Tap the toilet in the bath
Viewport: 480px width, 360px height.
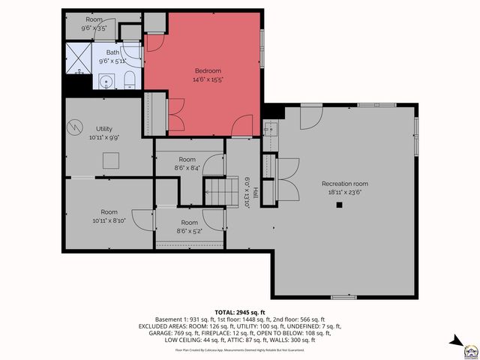pos(128,80)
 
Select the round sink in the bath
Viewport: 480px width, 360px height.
pos(106,81)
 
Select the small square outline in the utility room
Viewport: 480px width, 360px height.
pos(112,159)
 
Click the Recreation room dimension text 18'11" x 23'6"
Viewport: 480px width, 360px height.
pos(345,191)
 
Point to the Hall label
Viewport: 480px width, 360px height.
pos(255,192)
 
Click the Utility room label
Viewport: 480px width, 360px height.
pos(103,129)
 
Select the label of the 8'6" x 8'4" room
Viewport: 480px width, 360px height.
pos(187,159)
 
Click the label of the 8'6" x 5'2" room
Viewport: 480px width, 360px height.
pos(189,223)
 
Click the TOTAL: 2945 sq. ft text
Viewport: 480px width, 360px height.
pos(240,311)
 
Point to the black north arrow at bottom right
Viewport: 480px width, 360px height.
pos(456,340)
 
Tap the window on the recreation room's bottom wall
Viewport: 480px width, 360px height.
pos(343,297)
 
